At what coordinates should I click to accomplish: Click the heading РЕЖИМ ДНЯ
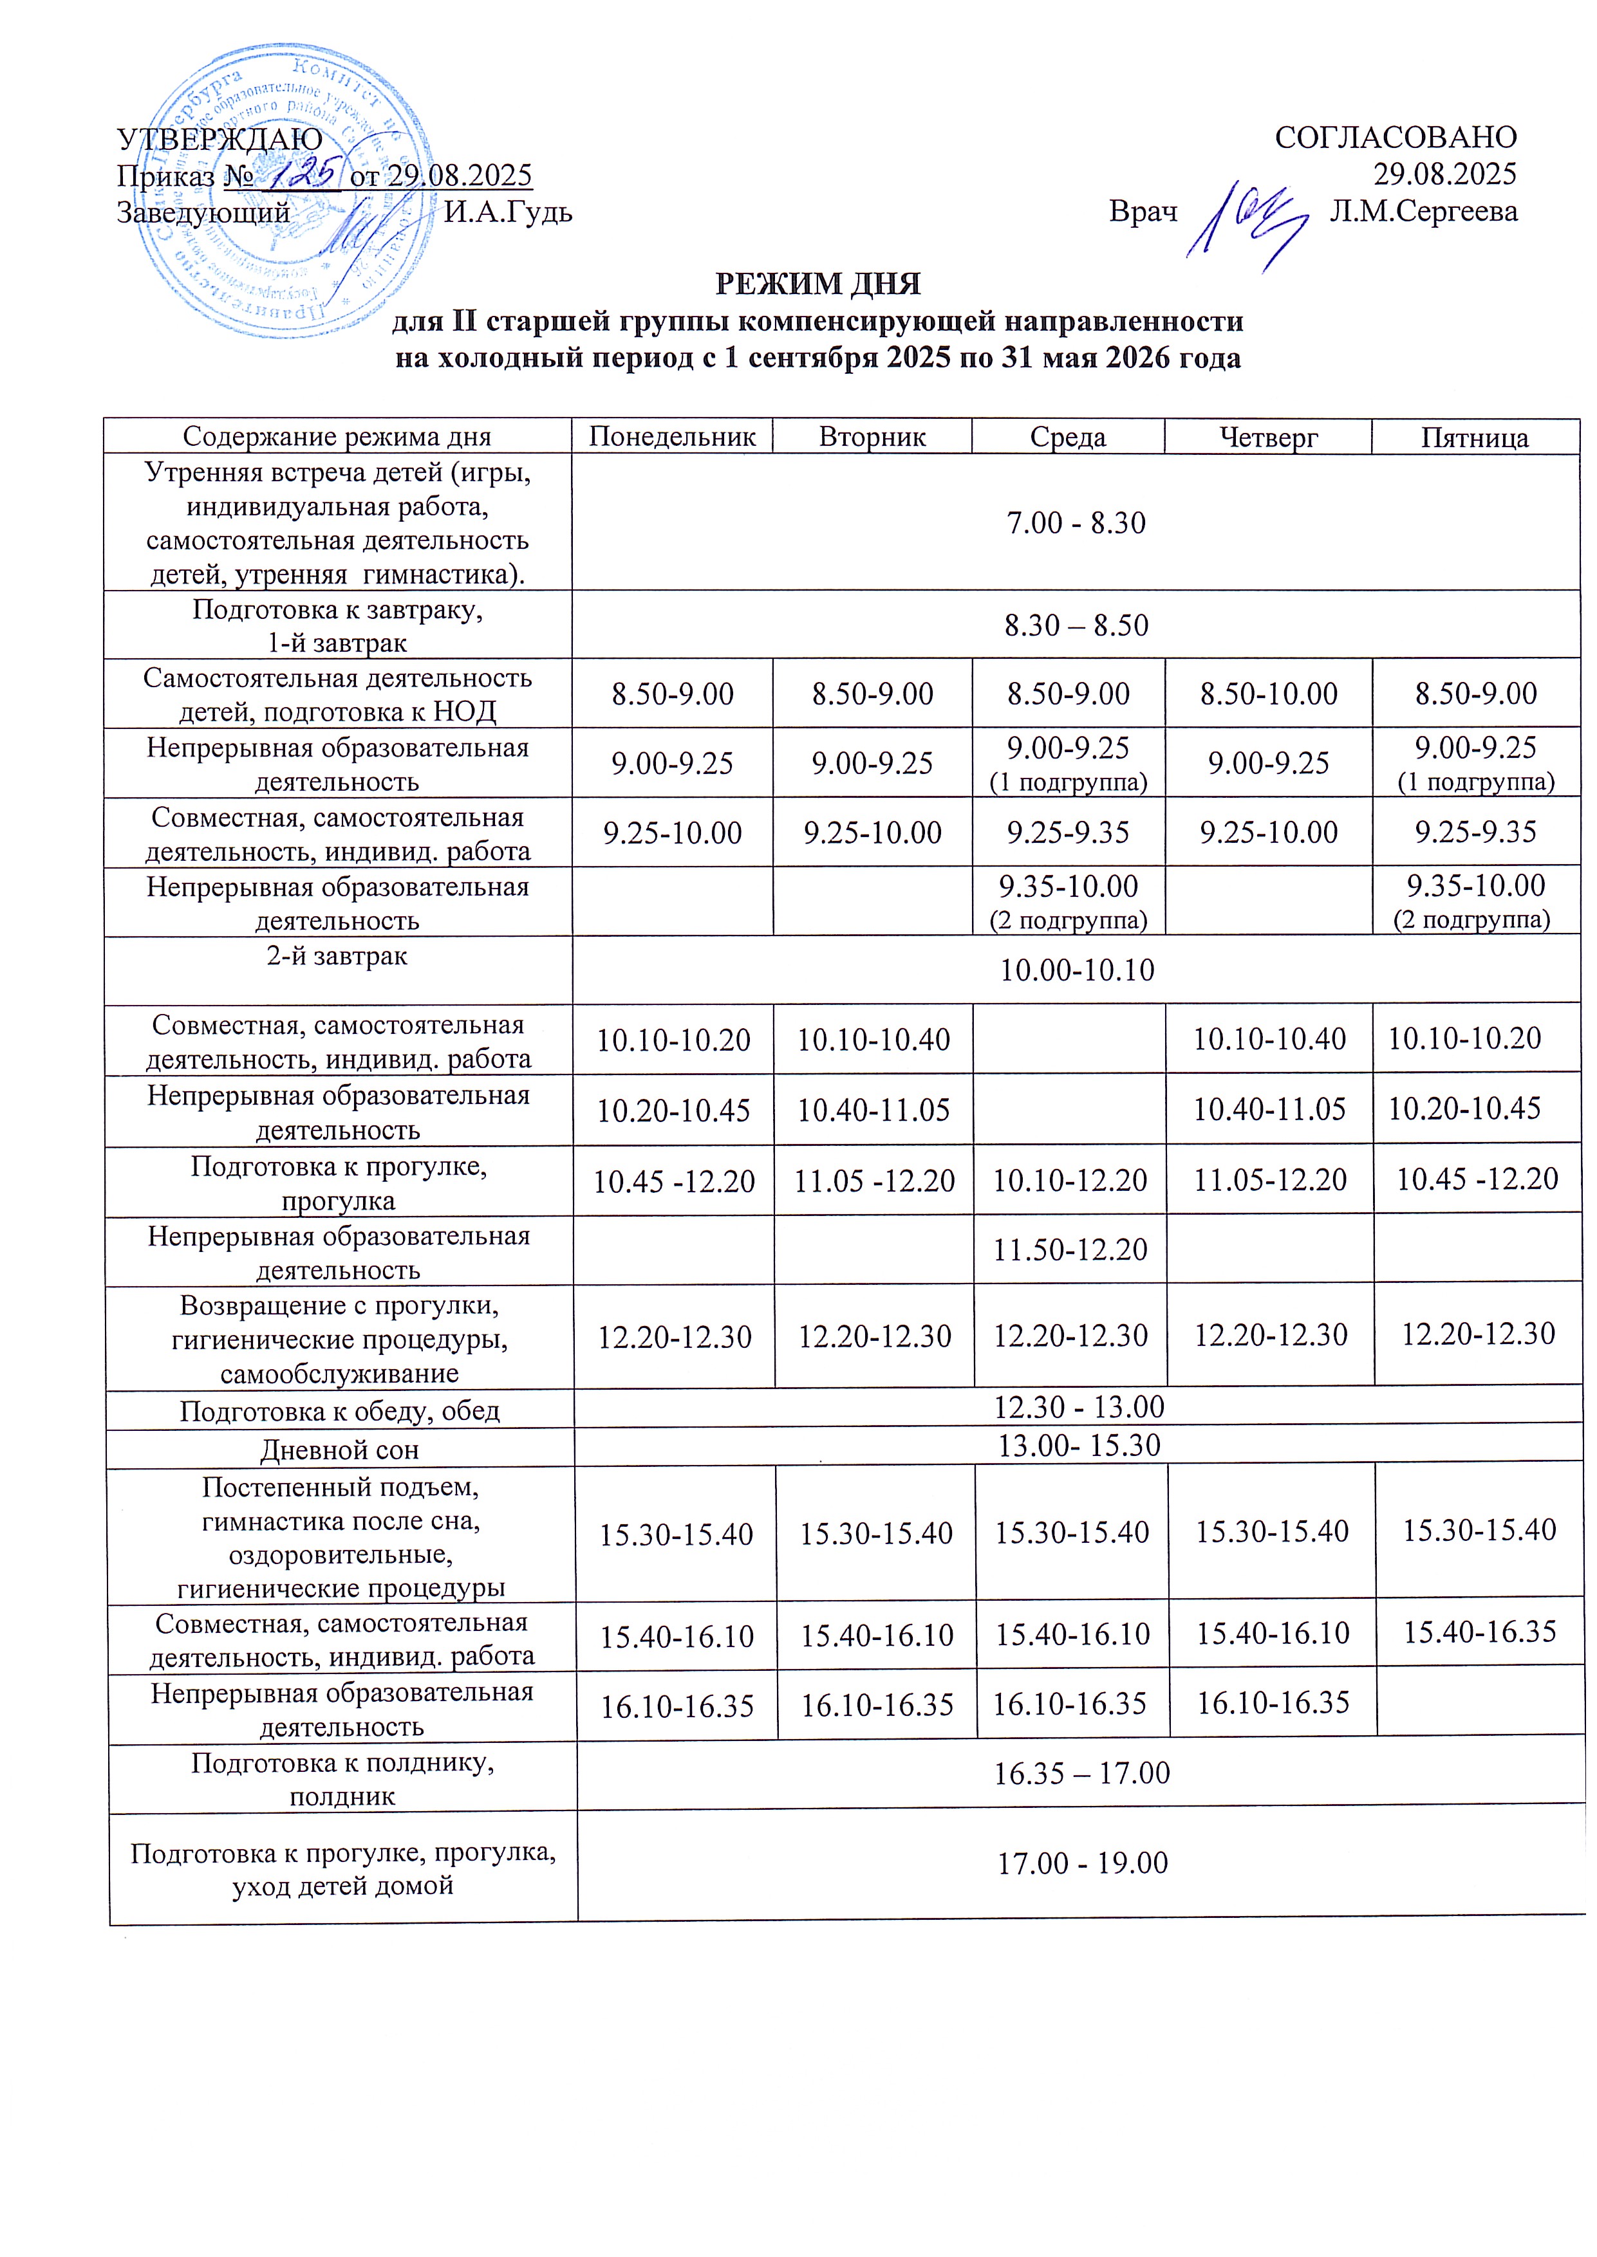click(817, 284)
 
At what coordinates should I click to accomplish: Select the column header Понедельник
click(673, 436)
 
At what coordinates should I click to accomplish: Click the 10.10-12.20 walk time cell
click(1070, 1179)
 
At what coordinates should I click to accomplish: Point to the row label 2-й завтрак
click(337, 955)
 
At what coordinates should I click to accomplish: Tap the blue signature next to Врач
click(1247, 221)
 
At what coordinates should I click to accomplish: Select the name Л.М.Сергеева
click(1423, 211)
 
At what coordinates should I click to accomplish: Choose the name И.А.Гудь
click(507, 211)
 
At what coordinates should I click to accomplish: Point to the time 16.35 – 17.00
click(1081, 1773)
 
